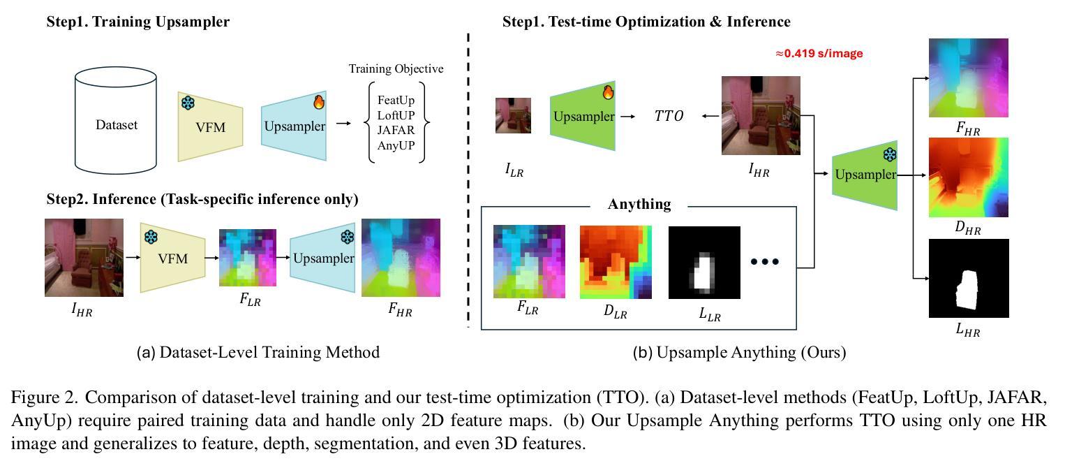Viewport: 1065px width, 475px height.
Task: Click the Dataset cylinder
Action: coord(116,125)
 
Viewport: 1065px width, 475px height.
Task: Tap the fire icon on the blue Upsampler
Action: coord(319,102)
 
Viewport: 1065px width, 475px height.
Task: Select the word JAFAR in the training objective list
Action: coord(396,130)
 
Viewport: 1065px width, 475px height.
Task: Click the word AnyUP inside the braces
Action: coord(396,145)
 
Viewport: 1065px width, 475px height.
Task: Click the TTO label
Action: coord(669,116)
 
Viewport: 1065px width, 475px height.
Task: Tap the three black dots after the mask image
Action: coord(764,262)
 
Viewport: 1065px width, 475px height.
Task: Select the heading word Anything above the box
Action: coord(639,205)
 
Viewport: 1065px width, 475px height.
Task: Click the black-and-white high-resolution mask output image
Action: coord(969,278)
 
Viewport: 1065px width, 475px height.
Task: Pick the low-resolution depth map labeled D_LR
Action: coord(616,262)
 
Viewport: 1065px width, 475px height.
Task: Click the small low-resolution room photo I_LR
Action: coord(513,115)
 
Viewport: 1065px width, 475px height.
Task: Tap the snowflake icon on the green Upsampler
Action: coord(890,155)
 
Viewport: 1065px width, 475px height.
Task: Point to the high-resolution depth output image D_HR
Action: coord(969,177)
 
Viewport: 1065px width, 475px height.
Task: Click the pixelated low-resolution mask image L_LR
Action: coord(703,262)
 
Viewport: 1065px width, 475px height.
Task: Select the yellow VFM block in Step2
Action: coord(173,258)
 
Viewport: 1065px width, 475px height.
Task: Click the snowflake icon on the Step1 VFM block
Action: coord(188,103)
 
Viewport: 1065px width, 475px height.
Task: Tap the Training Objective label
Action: coord(396,69)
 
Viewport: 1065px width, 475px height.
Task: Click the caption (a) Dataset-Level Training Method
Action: coord(258,353)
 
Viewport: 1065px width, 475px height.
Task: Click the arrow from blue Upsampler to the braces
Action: coord(343,124)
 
